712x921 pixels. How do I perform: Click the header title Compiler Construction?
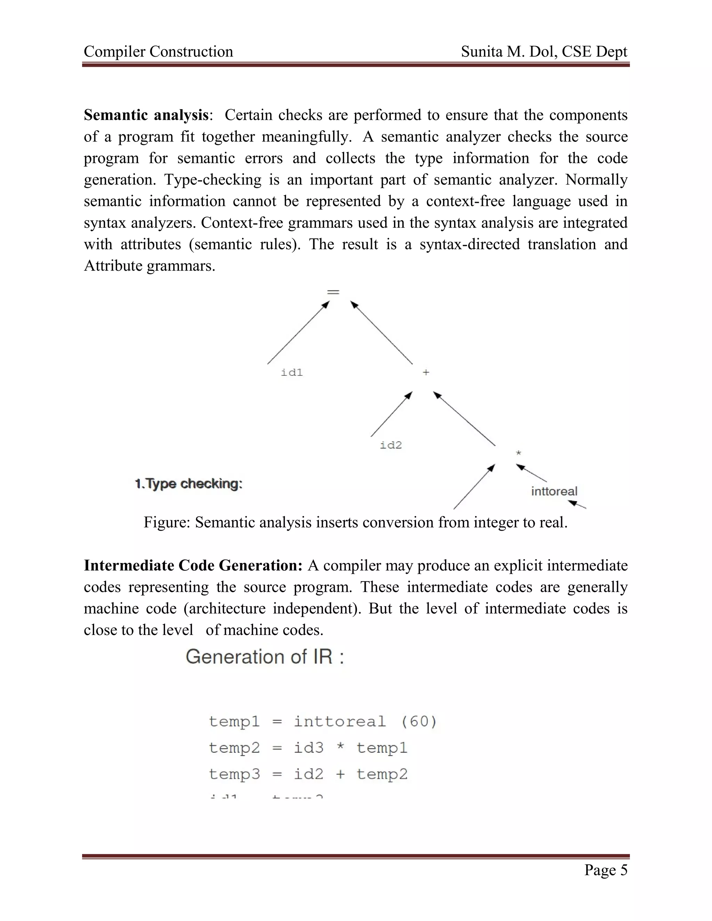tap(158, 52)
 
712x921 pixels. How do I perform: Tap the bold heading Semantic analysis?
tap(146, 115)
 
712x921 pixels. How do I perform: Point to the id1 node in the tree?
tap(292, 372)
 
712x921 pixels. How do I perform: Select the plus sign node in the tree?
tap(426, 372)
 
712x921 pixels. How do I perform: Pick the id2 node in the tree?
tap(390, 445)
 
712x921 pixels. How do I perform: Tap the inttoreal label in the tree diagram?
tap(554, 491)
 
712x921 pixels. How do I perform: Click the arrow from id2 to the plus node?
tap(391, 414)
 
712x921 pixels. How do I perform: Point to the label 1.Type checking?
tap(188, 484)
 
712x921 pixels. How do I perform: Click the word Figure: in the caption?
tap(167, 522)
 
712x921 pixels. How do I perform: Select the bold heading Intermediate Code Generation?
tap(193, 565)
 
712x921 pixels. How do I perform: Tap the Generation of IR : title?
tap(265, 657)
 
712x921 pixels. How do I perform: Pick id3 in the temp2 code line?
tap(308, 748)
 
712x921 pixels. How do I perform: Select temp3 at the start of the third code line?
tap(234, 774)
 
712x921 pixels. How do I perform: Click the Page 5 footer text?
tap(605, 870)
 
